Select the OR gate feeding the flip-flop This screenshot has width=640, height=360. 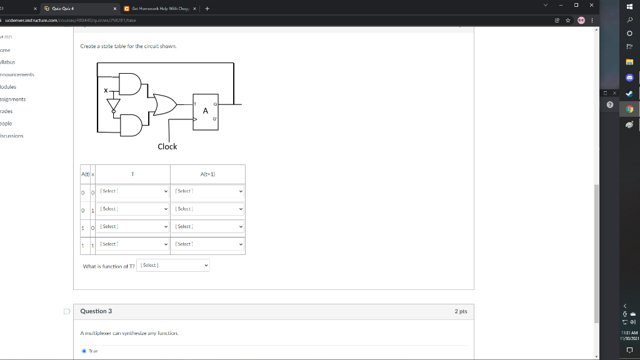[x=164, y=104]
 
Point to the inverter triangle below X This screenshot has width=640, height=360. [x=114, y=106]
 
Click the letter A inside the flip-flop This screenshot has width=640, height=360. [x=205, y=111]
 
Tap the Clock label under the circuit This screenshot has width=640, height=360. [x=167, y=146]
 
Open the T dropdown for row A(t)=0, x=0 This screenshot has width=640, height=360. [x=134, y=191]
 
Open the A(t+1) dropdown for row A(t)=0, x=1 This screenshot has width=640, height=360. [x=208, y=209]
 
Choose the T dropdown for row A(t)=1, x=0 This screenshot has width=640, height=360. [x=134, y=226]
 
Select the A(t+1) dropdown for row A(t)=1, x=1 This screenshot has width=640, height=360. [x=208, y=244]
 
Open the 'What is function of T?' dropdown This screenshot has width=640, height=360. [x=173, y=266]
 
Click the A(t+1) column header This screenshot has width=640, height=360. [x=207, y=174]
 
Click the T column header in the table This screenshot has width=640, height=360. [x=132, y=174]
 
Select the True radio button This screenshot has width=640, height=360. [x=84, y=351]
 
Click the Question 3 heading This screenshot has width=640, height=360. [x=96, y=311]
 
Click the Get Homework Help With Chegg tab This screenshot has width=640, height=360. [x=161, y=9]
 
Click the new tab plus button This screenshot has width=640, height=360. [x=207, y=9]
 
